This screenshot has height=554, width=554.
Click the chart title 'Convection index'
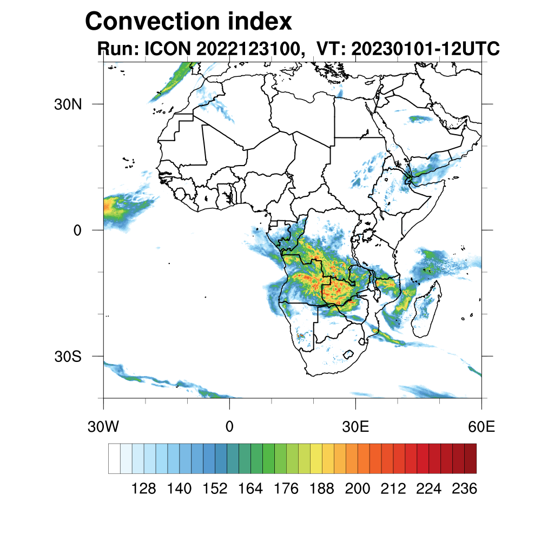click(188, 22)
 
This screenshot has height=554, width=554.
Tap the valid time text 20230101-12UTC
click(425, 49)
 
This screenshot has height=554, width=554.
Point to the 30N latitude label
click(68, 104)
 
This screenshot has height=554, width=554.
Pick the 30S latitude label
click(68, 357)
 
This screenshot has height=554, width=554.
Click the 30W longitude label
click(103, 427)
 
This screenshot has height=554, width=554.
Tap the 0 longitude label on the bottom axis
click(229, 427)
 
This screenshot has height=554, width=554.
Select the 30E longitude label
click(355, 427)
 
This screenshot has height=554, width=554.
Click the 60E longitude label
click(482, 427)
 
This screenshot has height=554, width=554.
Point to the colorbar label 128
click(144, 489)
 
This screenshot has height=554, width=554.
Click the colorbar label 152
click(215, 489)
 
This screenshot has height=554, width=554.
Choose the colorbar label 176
click(286, 489)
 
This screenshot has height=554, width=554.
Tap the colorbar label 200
click(358, 489)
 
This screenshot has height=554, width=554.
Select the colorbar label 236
click(464, 489)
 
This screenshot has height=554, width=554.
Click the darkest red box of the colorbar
click(470, 458)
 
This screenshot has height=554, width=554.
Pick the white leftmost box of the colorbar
click(114, 458)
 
